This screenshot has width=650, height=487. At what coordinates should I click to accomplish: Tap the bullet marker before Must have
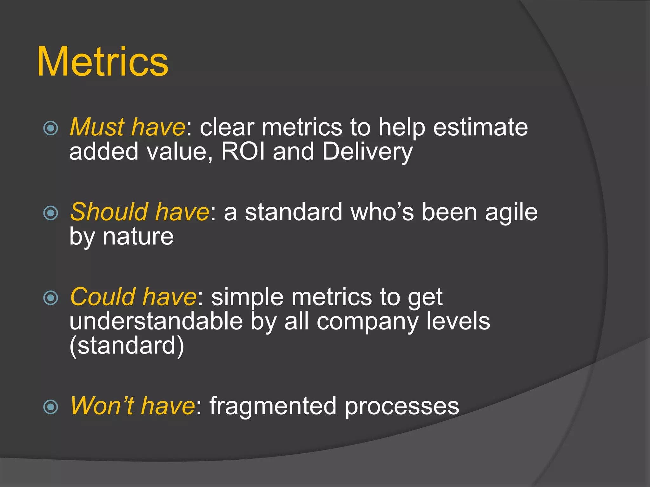[x=51, y=128]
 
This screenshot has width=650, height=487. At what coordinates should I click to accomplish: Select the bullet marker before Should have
[x=51, y=213]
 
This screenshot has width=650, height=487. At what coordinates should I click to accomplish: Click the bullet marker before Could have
[x=51, y=298]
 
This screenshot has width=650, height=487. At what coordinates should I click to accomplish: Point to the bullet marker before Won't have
[x=51, y=407]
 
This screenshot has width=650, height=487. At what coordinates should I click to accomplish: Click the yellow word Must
[x=97, y=127]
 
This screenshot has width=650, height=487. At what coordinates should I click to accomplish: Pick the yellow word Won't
[x=102, y=406]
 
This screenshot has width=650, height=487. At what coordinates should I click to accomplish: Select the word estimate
[x=481, y=127]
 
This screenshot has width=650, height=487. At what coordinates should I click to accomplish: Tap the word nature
[x=138, y=237]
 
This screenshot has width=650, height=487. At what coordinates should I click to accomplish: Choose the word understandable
[x=156, y=321]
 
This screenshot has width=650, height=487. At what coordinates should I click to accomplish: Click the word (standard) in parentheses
[x=127, y=346]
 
